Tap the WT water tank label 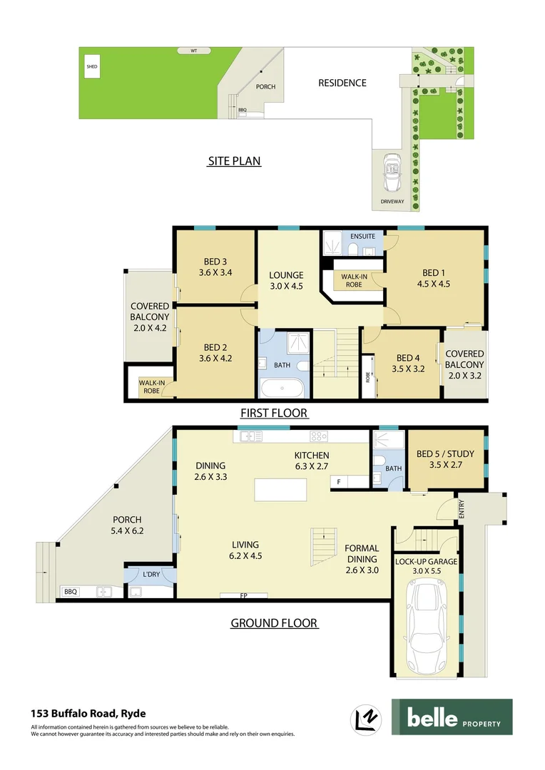coord(193,51)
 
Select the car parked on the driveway coord(391,173)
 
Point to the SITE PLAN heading coord(234,161)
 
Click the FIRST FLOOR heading coord(274,413)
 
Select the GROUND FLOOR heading coord(273,623)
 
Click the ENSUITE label coord(362,237)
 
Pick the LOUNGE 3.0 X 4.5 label coord(286,280)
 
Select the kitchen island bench coord(281,491)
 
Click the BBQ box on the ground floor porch coord(70,592)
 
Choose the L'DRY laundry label coord(151,575)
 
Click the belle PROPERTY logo coord(452,717)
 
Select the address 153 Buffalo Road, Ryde coord(88,712)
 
